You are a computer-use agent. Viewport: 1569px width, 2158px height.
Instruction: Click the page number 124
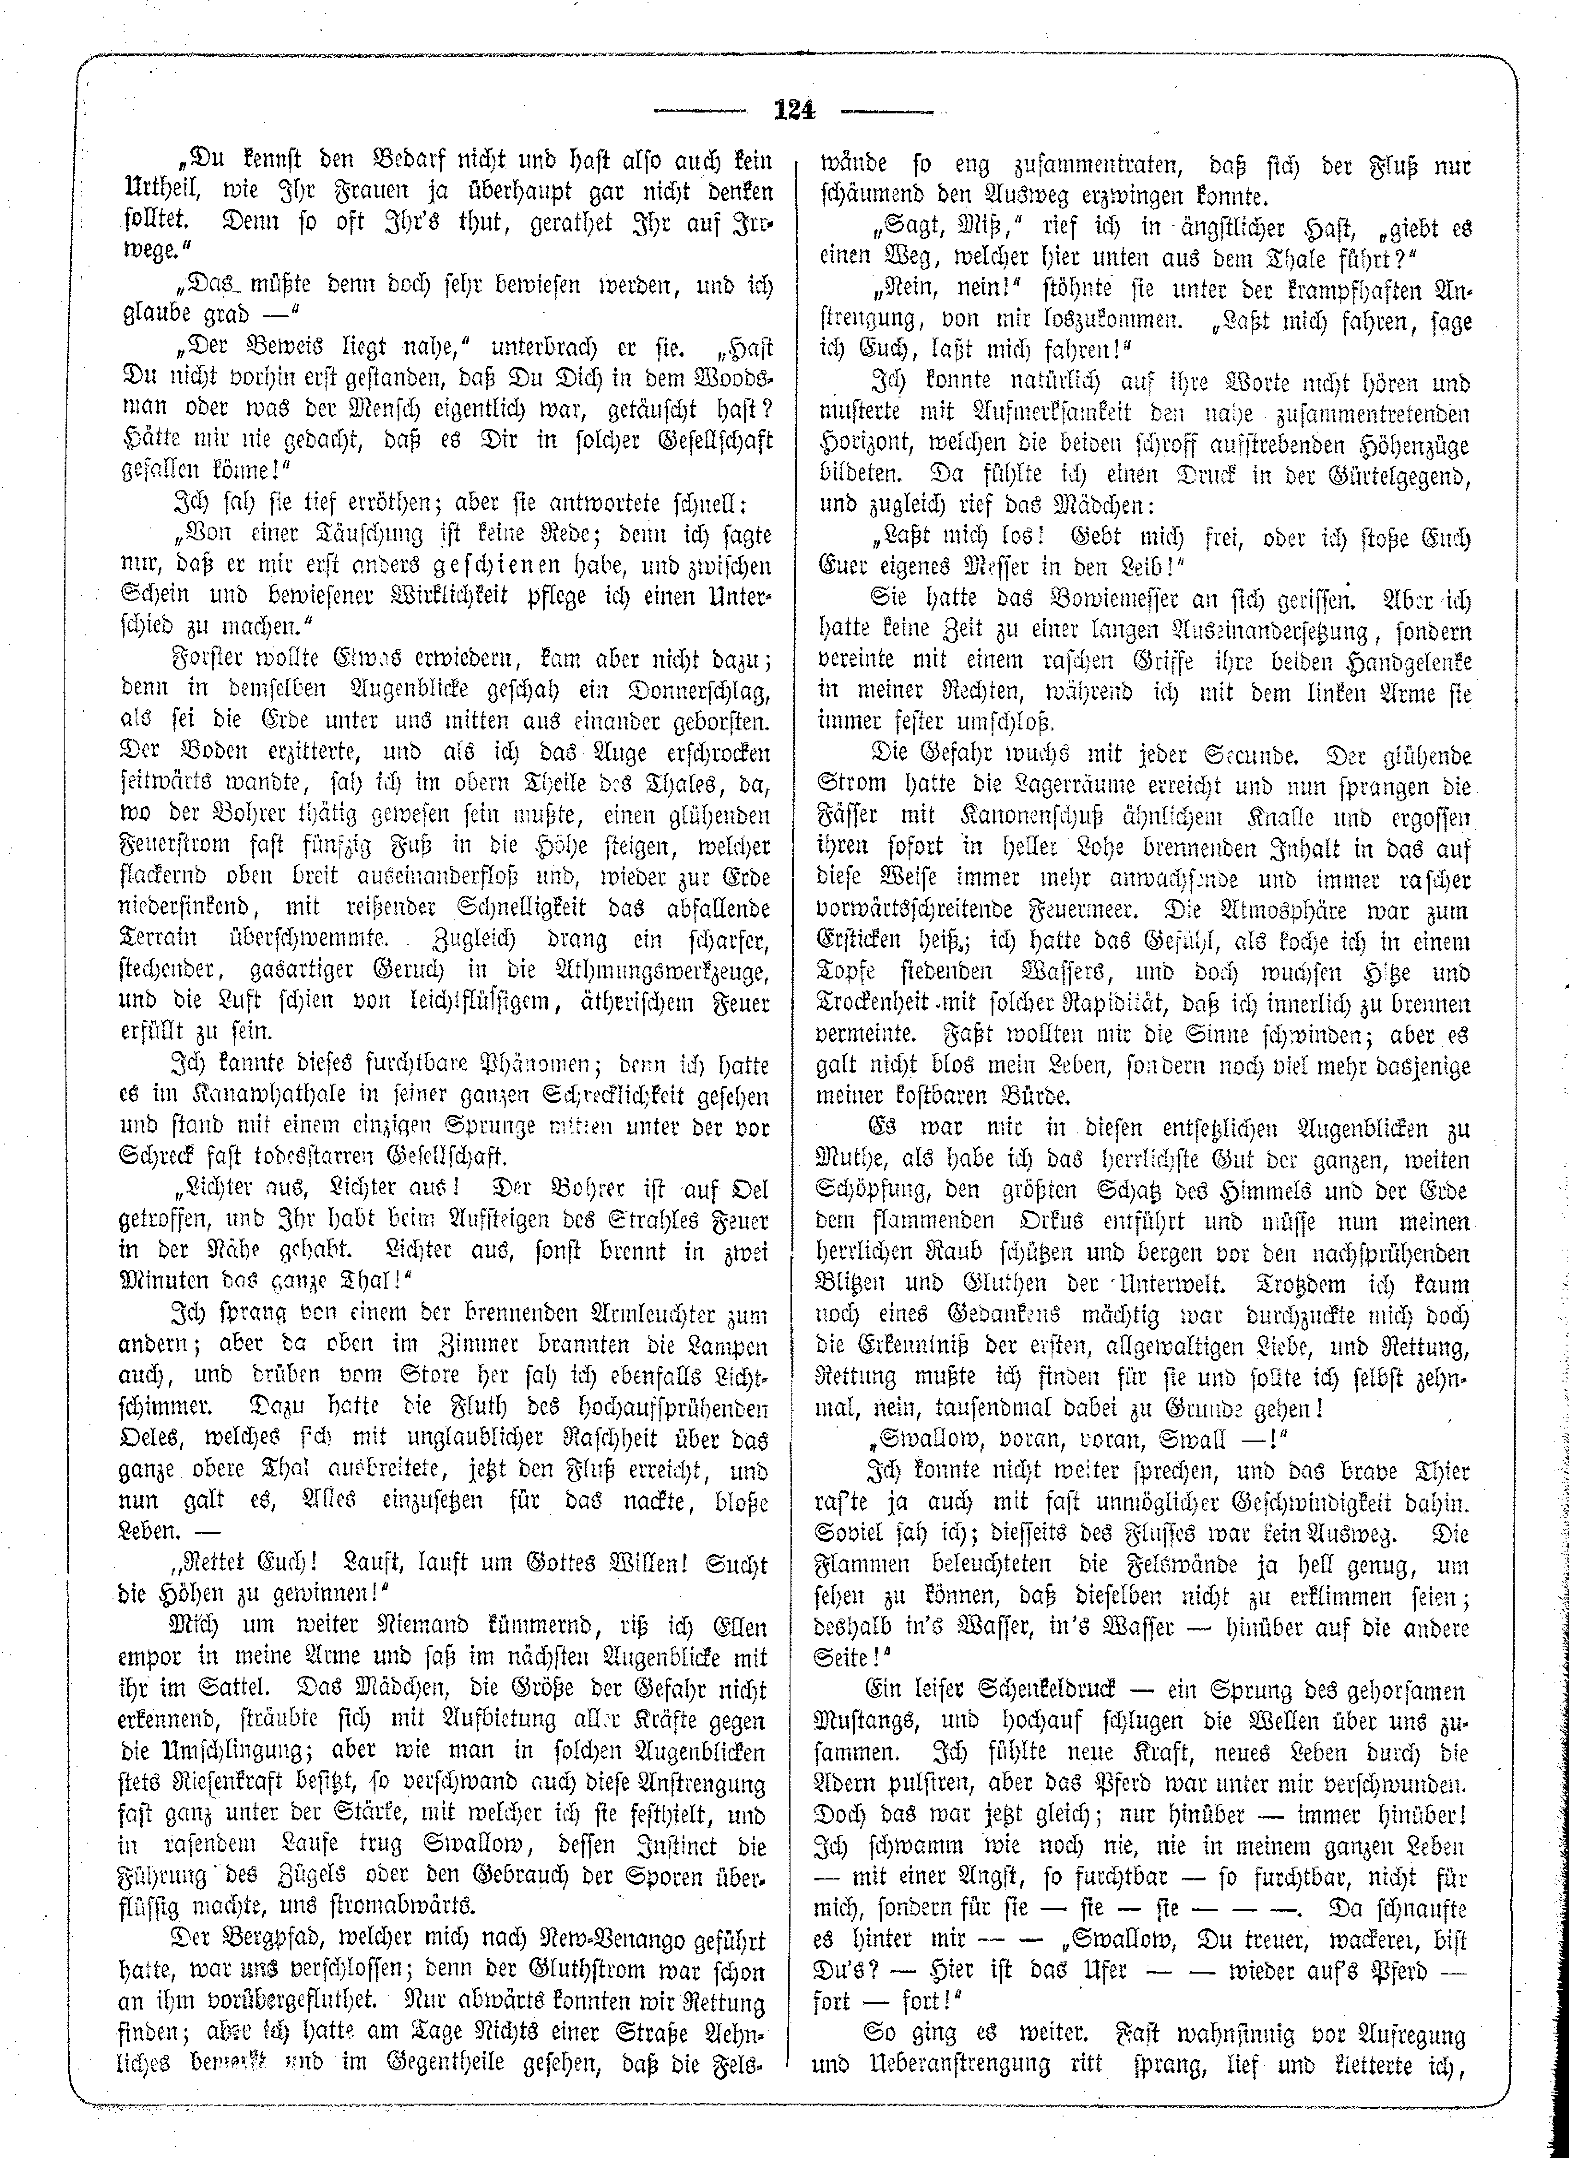coord(795,110)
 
